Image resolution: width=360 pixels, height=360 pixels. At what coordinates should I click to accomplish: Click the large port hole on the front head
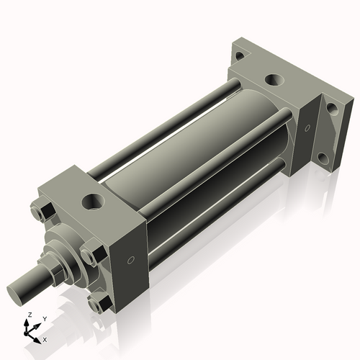click(x=92, y=199)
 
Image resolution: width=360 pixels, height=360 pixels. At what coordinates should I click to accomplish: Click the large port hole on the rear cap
click(x=272, y=80)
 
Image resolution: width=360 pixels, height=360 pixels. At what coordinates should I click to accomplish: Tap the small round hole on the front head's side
click(x=130, y=260)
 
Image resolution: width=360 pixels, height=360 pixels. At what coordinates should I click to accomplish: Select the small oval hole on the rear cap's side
click(x=307, y=129)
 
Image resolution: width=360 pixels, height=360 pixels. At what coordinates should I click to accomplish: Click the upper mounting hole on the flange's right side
click(x=332, y=109)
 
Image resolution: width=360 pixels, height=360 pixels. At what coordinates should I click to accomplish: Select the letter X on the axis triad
click(x=45, y=338)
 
